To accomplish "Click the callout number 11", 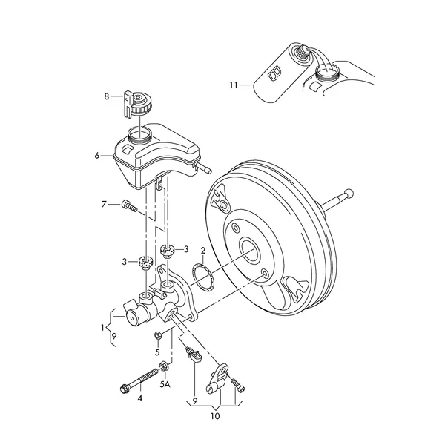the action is coord(234,85).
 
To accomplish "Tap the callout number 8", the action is coord(106,96).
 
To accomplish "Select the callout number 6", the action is coord(97,156).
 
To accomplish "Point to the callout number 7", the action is coord(104,204).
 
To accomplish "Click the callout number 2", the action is coord(203,251).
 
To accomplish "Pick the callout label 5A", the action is coord(165,384).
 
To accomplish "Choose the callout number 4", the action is coord(139,398).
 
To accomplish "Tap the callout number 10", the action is coord(215,416).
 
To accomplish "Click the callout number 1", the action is coord(102,328).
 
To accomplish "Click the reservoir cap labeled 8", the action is coord(138,104).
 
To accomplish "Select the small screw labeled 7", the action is coord(129,206).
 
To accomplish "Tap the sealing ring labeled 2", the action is coord(202,277).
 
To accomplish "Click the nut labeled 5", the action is coord(158,335).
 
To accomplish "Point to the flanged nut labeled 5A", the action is coord(164,366).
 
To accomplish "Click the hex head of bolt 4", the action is coord(125,388).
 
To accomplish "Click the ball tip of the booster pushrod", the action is coord(349,194).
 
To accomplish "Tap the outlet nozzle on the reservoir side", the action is coord(204,168).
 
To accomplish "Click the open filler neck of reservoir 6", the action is coord(139,134).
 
